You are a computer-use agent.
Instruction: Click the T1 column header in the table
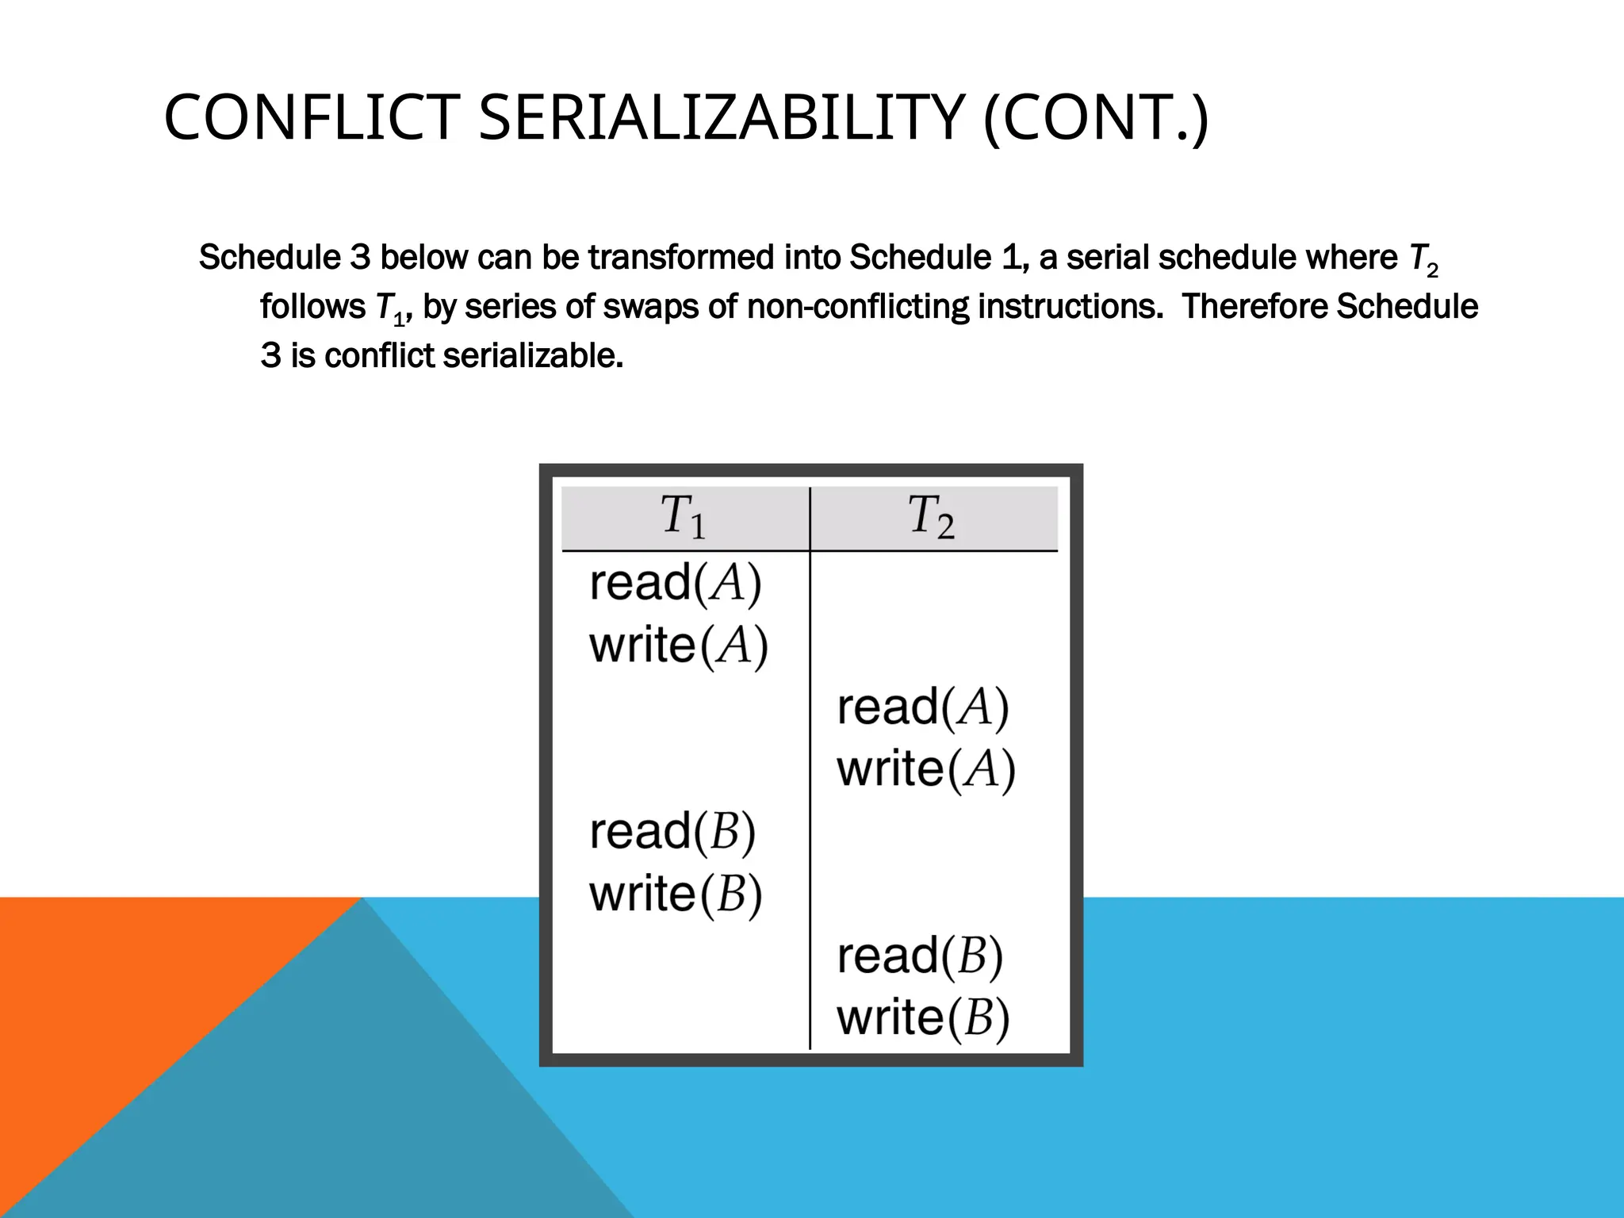[x=683, y=517]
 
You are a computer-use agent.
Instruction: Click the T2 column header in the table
[x=931, y=517]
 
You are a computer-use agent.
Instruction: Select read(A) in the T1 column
[x=676, y=584]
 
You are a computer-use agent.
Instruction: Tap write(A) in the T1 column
[x=679, y=645]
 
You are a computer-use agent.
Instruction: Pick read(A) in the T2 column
[x=923, y=707]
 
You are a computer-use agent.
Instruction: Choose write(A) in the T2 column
[x=926, y=769]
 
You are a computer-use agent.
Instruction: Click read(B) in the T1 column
[x=672, y=832]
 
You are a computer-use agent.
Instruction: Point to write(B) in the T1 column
[x=676, y=894]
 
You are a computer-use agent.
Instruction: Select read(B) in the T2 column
[x=920, y=956]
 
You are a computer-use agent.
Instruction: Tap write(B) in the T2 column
[x=923, y=1018]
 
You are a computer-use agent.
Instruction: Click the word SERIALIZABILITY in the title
[x=721, y=118]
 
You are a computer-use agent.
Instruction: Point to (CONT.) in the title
[x=1095, y=118]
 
